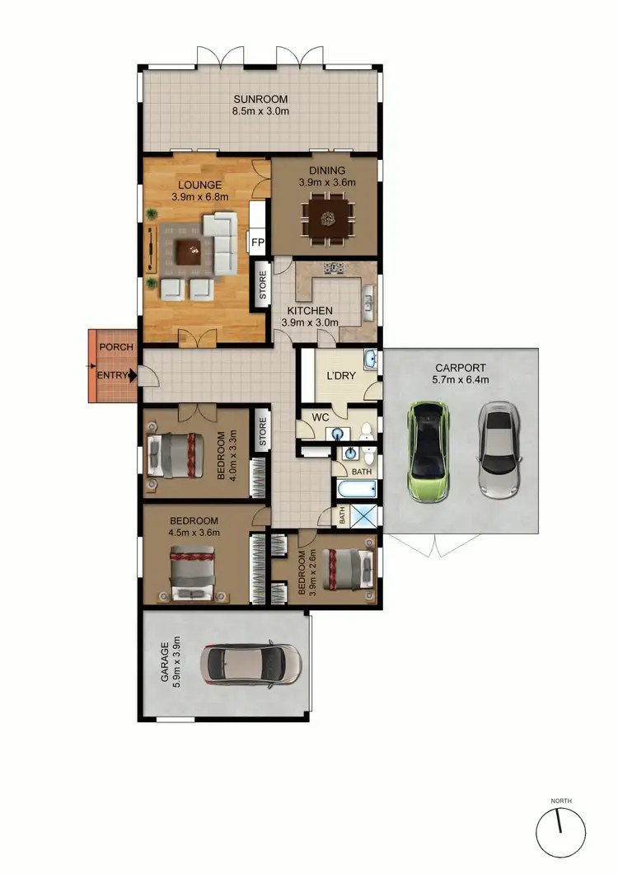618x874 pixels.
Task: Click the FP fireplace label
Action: pos(256,243)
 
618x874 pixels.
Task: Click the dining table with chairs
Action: pos(328,219)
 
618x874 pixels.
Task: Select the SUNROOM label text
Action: pos(260,98)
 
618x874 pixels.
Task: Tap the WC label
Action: pos(319,417)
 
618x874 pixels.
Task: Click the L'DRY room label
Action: pos(339,377)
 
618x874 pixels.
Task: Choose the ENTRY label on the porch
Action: pos(113,376)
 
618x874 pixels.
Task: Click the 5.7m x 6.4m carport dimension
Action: pos(461,380)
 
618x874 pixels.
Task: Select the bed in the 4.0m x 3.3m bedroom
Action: pos(174,454)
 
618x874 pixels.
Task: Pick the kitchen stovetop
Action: pos(334,267)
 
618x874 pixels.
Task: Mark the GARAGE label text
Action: pos(165,665)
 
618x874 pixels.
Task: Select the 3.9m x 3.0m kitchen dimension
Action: pos(311,322)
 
